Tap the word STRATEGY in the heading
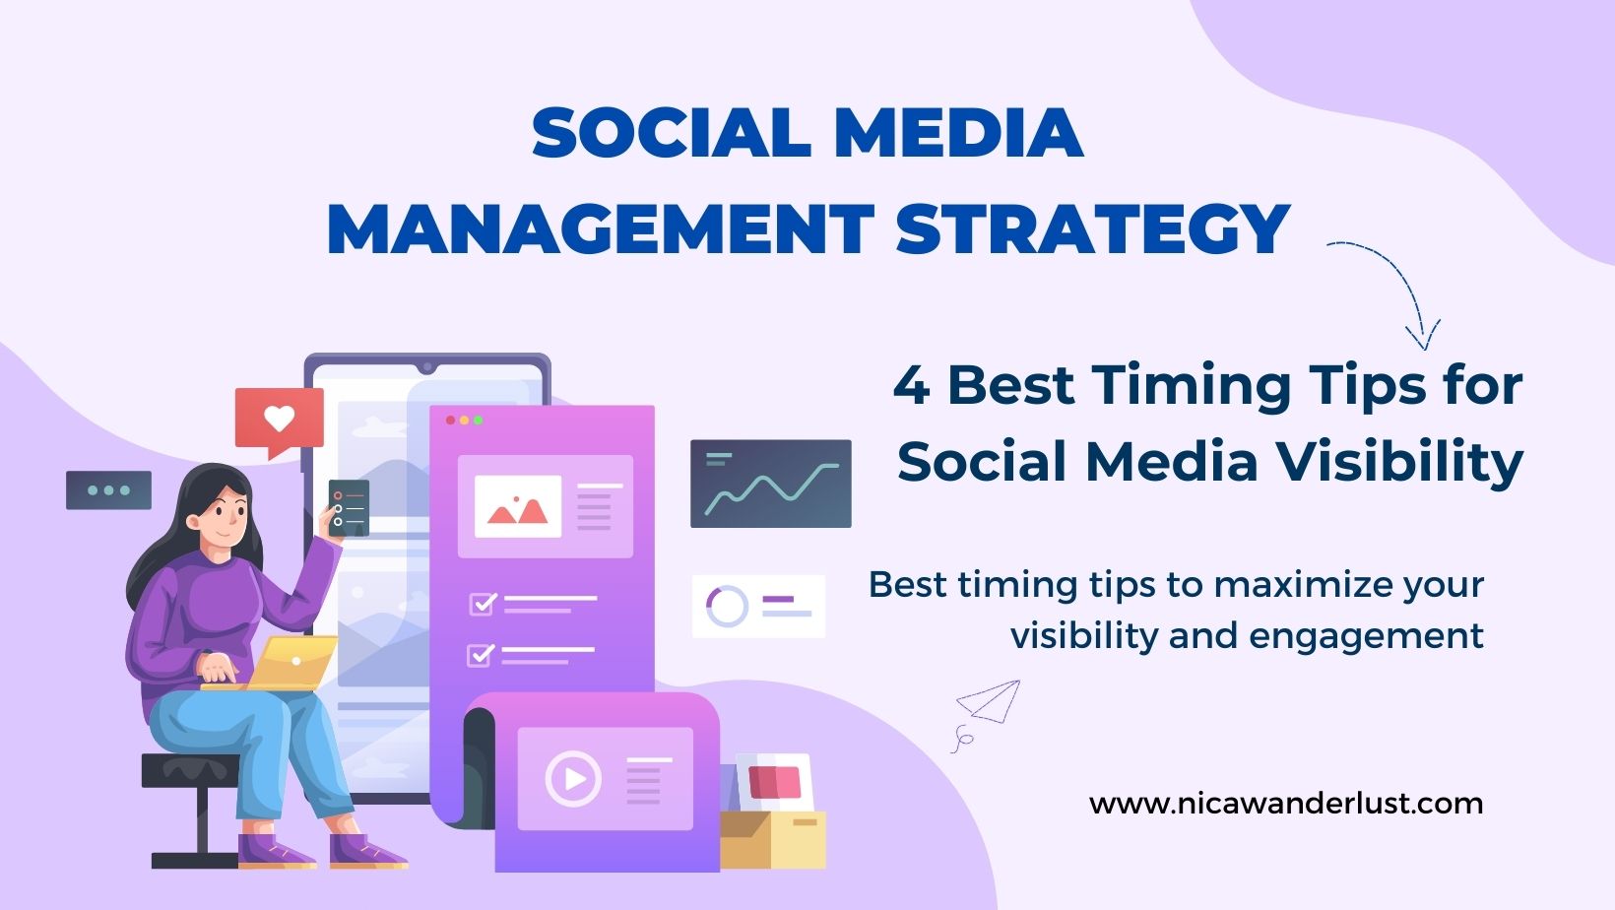tap(1093, 229)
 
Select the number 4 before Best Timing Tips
tap(911, 385)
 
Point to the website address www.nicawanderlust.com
tap(1285, 804)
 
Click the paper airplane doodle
tap(990, 701)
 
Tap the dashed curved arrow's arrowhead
tap(1422, 335)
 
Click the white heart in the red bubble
tap(280, 419)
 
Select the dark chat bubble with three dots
tap(108, 489)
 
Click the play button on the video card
tap(573, 779)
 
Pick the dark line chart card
tap(770, 484)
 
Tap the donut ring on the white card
tap(727, 606)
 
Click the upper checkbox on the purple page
tap(483, 603)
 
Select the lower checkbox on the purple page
tap(481, 654)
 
